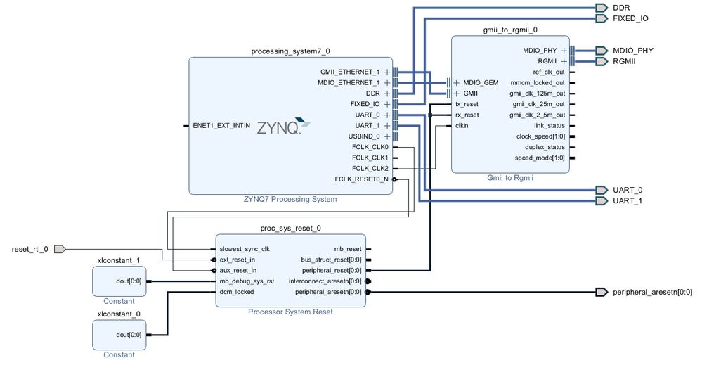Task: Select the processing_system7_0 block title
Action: pos(290,51)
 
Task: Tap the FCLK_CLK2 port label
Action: pos(370,169)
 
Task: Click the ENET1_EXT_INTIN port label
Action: pos(221,126)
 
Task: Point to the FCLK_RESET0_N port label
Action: pos(361,179)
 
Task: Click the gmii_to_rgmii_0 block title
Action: pos(510,30)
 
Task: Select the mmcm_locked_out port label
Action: pos(538,83)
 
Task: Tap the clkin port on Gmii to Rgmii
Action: pos(462,126)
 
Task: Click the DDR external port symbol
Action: pos(600,8)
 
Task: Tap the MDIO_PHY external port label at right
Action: pos(632,51)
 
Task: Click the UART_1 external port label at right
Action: pos(628,201)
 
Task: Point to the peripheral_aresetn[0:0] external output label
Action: pos(652,292)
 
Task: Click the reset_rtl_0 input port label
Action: pos(30,249)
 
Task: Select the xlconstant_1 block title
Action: pos(119,261)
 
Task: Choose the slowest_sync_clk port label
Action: pos(245,249)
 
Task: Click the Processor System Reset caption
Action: pos(290,312)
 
